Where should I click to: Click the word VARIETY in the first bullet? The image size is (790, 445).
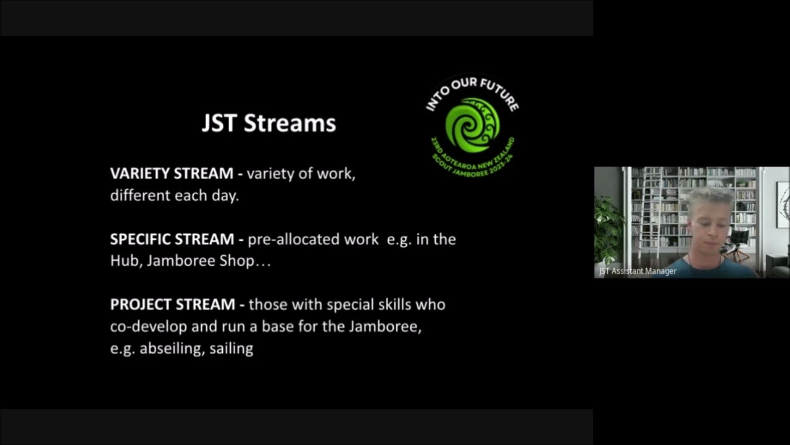pyautogui.click(x=141, y=174)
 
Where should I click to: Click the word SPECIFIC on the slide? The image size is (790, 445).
pyautogui.click(x=141, y=239)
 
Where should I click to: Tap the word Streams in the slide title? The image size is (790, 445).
pyautogui.click(x=289, y=123)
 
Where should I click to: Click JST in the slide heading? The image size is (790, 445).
pyautogui.click(x=219, y=123)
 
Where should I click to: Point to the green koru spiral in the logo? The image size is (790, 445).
pyautogui.click(x=472, y=125)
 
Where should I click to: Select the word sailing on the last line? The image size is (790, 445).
pyautogui.click(x=231, y=349)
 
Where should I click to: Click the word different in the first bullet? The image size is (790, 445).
pyautogui.click(x=140, y=196)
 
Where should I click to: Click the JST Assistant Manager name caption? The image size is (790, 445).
pyautogui.click(x=638, y=271)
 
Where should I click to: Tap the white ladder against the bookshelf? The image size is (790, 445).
pyautogui.click(x=649, y=207)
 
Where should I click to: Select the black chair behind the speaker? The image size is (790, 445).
pyautogui.click(x=739, y=241)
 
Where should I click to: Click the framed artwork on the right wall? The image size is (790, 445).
pyautogui.click(x=783, y=204)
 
